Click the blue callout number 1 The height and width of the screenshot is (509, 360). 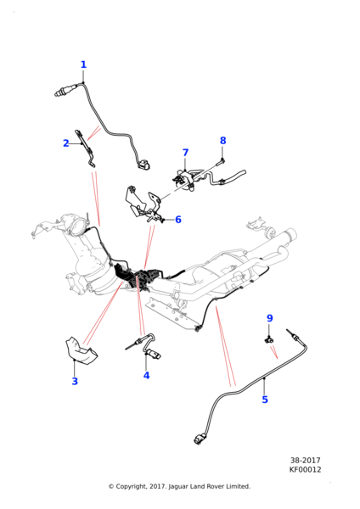coord(83,64)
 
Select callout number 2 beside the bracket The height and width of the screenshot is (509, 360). coord(66,143)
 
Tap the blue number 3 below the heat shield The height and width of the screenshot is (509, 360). coord(75,381)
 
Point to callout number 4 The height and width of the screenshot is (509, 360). coord(147,375)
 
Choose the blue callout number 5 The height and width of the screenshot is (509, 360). coord(265,400)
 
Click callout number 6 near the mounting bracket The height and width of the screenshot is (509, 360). coord(178,220)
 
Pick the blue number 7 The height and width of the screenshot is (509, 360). coord(185,153)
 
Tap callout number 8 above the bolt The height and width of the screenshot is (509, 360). coord(222,141)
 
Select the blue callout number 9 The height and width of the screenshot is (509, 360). coord(270,318)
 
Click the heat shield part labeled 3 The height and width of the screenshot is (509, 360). coord(82,350)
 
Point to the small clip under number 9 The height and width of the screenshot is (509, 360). coord(268,340)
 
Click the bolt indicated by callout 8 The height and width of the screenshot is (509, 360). coord(222,161)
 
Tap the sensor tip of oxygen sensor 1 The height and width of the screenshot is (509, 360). coord(57,94)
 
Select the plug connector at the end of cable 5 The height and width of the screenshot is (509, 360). coord(199,439)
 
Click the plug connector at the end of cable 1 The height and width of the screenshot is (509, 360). coord(143,164)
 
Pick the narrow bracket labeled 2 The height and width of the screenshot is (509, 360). coord(85,148)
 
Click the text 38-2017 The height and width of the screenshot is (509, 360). coord(305,461)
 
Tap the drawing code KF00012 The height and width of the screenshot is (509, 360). coord(305,470)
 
